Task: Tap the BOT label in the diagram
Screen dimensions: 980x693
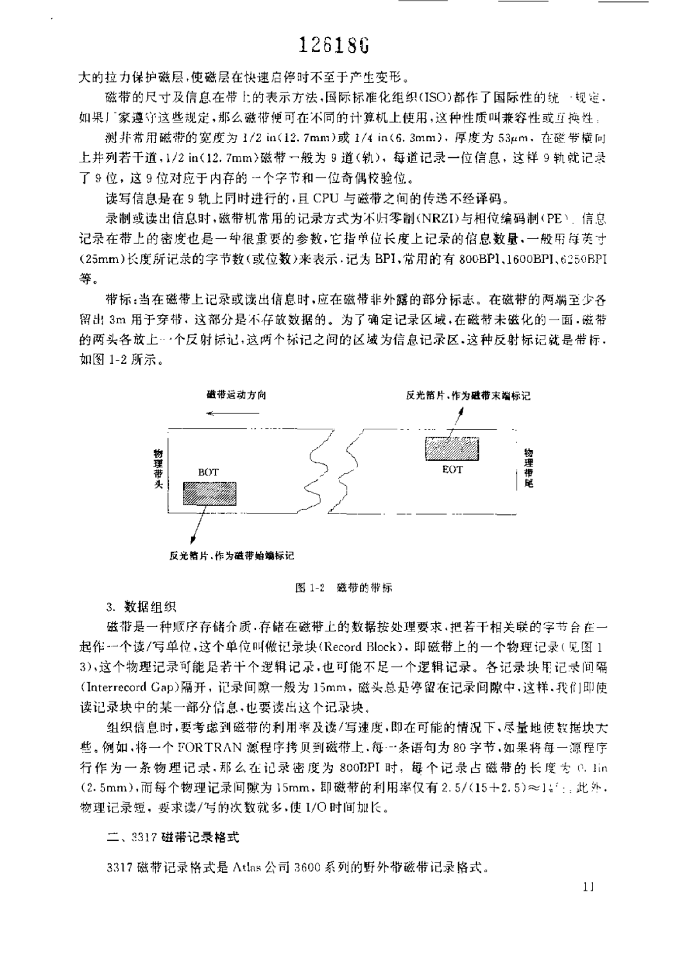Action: coord(209,472)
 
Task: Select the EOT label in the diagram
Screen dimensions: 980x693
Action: coord(452,469)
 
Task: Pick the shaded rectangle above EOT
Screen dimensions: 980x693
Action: coord(453,448)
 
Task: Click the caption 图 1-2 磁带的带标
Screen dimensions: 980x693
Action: coord(343,587)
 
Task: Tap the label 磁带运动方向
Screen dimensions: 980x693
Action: coord(237,395)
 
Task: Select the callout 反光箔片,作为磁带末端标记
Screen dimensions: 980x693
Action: coord(469,396)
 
